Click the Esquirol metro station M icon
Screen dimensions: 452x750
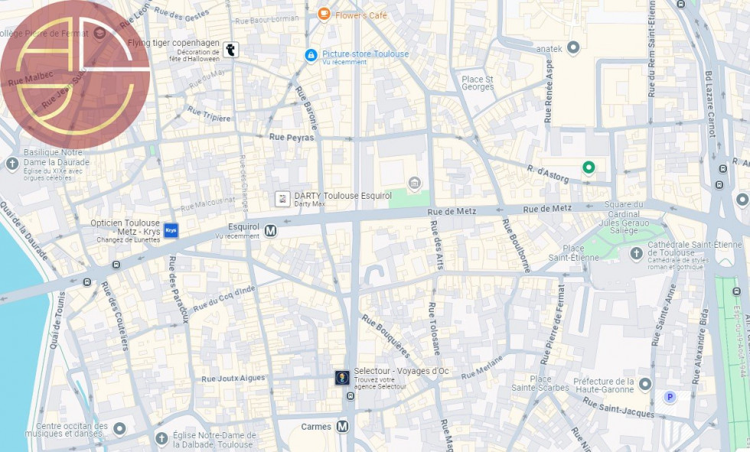270,229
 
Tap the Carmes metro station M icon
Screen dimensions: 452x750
342,426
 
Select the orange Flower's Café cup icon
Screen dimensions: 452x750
324,14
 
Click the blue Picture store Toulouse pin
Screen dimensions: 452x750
311,55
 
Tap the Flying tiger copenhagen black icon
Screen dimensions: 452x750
231,50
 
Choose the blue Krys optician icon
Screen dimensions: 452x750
171,229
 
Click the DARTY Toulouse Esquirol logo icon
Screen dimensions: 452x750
282,199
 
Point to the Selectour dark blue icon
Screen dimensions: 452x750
342,377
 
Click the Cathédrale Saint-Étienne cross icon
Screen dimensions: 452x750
636,253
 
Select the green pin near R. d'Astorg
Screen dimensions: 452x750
588,167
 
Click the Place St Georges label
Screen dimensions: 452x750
477,83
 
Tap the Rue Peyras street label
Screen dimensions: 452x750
292,137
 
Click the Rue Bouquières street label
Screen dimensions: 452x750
386,336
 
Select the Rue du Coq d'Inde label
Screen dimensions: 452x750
223,299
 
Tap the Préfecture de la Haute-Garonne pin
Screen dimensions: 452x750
645,384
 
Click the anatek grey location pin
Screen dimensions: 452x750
572,48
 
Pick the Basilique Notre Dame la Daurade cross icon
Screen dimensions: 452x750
12,164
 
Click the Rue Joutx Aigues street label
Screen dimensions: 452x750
233,378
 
